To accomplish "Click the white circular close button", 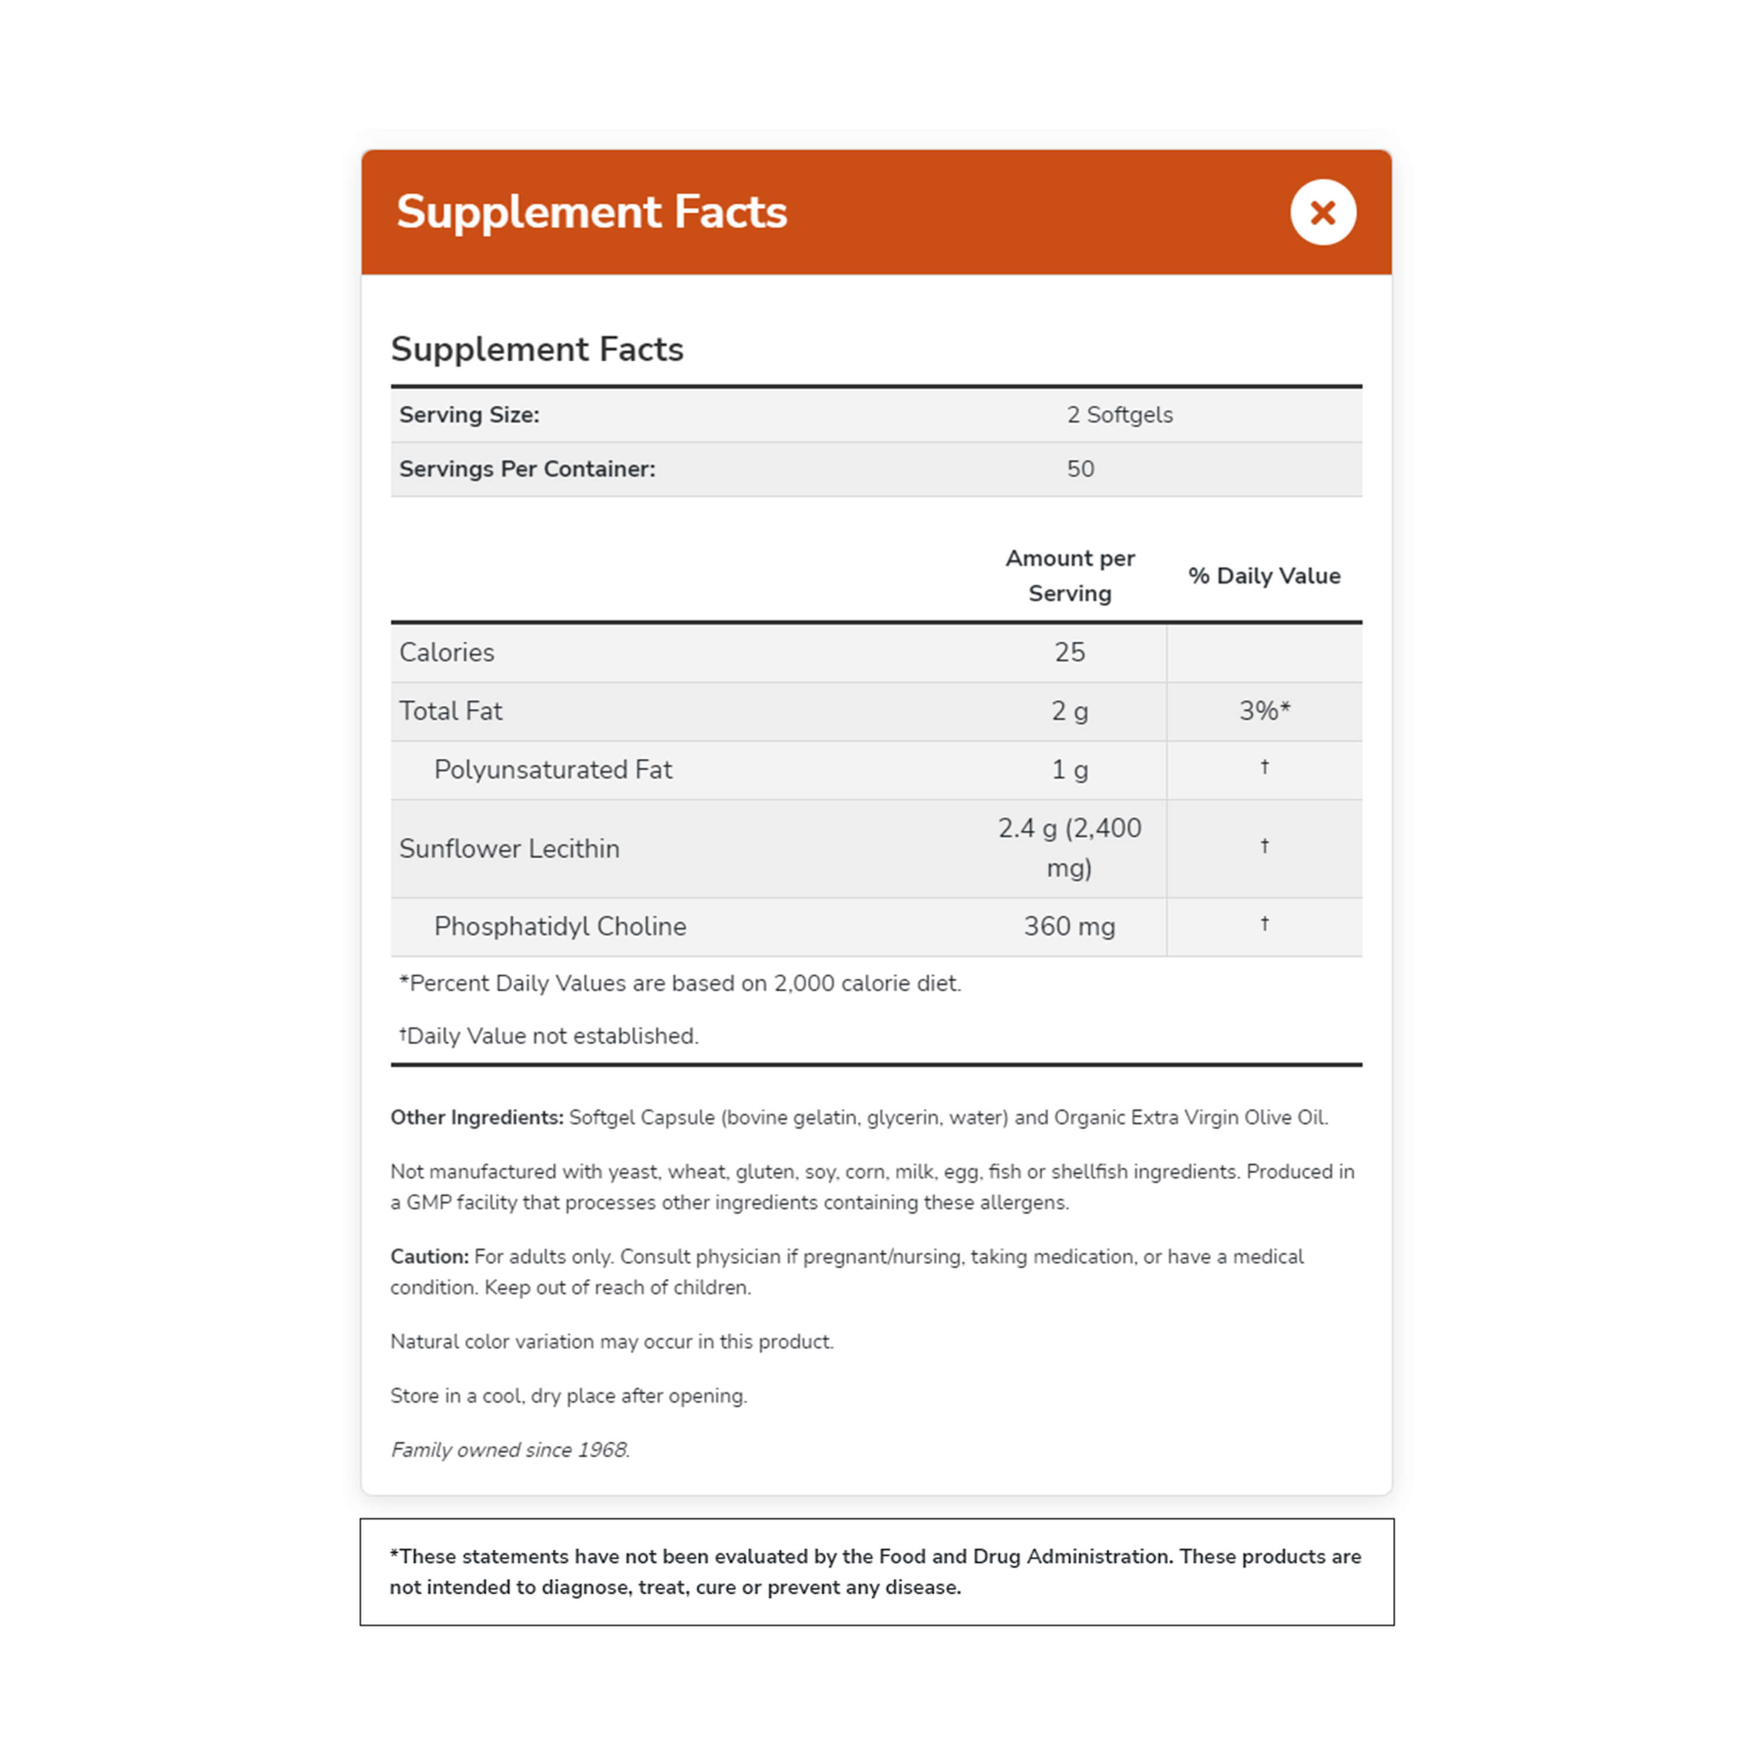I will tap(1322, 212).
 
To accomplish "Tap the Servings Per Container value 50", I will tap(1080, 469).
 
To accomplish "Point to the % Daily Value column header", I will tap(1263, 575).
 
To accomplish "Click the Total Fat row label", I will tap(450, 711).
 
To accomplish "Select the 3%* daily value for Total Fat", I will tap(1263, 711).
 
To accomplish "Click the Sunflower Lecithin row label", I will tap(509, 848).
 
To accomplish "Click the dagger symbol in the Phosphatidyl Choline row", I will tap(1263, 924).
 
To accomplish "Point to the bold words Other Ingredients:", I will tap(476, 1117).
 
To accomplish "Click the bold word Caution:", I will tap(429, 1256).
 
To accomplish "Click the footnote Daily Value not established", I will tap(552, 1036).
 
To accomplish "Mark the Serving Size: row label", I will tap(469, 414).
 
